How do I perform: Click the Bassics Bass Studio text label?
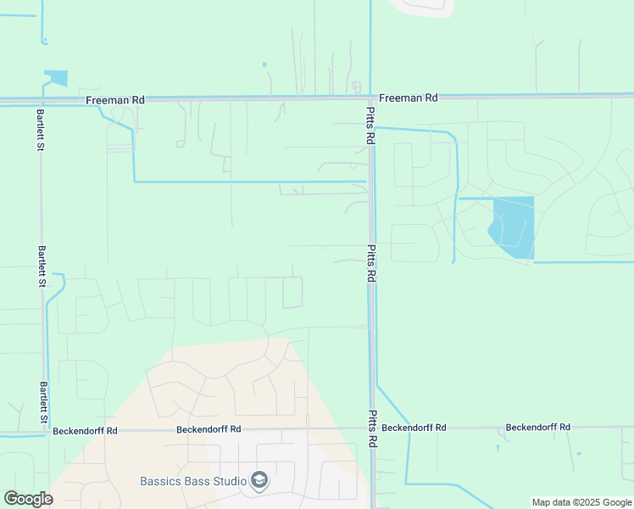(193, 482)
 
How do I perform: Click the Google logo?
(28, 499)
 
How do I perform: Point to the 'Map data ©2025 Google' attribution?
(581, 502)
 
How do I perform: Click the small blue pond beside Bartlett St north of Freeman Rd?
(58, 78)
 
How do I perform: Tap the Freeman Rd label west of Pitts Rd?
(115, 100)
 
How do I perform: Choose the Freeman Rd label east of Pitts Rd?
(409, 98)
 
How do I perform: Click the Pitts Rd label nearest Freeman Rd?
(370, 124)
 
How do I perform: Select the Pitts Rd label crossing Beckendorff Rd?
(370, 429)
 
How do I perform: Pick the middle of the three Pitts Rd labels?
(370, 265)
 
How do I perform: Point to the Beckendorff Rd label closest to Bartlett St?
(85, 431)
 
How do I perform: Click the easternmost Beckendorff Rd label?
(537, 428)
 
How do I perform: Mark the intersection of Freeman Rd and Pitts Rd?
(370, 99)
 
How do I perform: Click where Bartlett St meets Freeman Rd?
(40, 100)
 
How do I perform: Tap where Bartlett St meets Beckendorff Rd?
(46, 432)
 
